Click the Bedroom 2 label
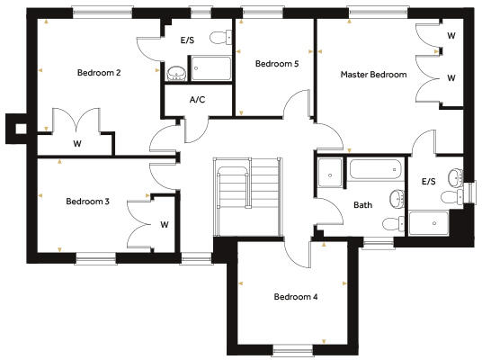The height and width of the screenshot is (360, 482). [x=99, y=73]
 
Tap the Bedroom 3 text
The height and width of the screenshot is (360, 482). [x=87, y=202]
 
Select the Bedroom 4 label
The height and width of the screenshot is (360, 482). [x=296, y=296]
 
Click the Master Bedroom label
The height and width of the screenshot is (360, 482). [x=373, y=75]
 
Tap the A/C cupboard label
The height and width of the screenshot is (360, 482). [x=197, y=99]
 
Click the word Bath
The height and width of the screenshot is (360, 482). [x=362, y=205]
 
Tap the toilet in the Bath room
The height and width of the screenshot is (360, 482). [x=390, y=223]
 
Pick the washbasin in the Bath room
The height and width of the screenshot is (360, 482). [x=397, y=197]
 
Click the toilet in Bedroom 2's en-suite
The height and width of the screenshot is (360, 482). [x=216, y=38]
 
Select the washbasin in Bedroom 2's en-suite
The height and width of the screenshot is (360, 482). [x=175, y=73]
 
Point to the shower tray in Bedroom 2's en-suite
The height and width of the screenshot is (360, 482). [x=210, y=70]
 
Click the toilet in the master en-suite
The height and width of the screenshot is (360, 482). [x=457, y=176]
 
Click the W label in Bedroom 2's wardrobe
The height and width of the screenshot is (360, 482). [x=77, y=143]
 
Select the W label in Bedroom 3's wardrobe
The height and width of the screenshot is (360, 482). [x=164, y=224]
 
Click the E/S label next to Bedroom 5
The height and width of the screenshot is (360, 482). [x=187, y=40]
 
